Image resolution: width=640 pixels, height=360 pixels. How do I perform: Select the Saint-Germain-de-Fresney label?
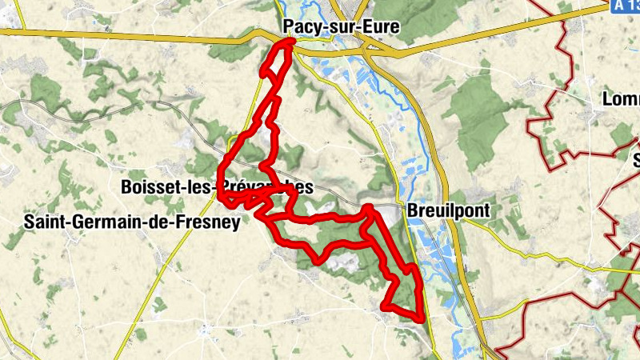coord(132,222)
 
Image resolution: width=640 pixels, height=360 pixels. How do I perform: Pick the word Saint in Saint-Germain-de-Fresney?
coord(45,222)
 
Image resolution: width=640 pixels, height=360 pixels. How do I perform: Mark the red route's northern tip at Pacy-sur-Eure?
coord(289,43)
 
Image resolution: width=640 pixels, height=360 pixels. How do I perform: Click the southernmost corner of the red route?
coord(419,319)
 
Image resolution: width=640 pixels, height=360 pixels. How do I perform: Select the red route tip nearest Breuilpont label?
coord(368,209)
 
